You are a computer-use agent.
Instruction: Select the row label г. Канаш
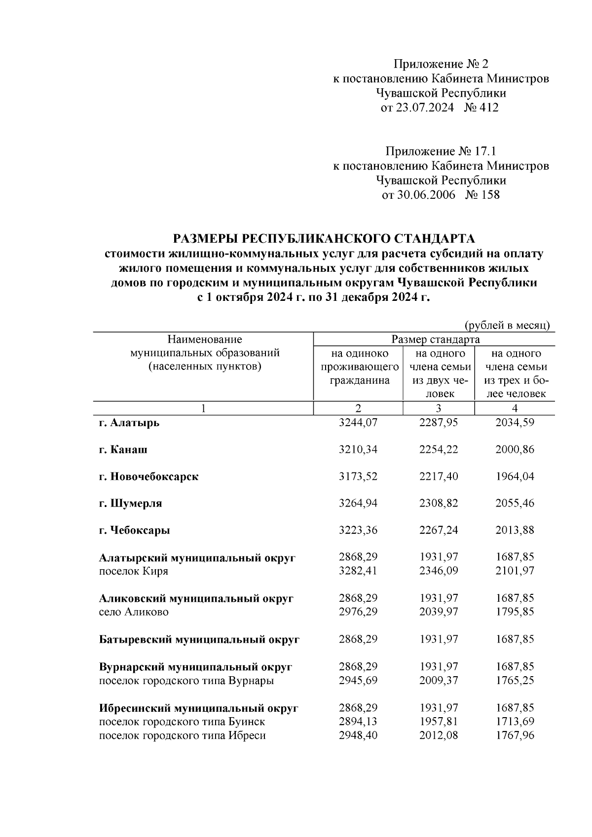pyautogui.click(x=123, y=450)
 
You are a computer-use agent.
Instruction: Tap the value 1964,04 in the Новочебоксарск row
pyautogui.click(x=515, y=476)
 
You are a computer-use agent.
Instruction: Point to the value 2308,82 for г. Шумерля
pyautogui.click(x=438, y=504)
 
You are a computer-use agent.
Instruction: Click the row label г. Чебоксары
pyautogui.click(x=134, y=531)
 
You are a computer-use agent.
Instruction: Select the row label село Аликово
pyautogui.click(x=134, y=612)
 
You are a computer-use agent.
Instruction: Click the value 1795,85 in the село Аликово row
pyautogui.click(x=515, y=612)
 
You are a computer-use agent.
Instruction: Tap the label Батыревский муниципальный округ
pyautogui.click(x=199, y=640)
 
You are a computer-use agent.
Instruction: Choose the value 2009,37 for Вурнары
pyautogui.click(x=438, y=681)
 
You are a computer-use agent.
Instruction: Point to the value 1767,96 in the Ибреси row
pyautogui.click(x=515, y=735)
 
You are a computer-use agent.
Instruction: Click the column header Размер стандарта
pyautogui.click(x=435, y=340)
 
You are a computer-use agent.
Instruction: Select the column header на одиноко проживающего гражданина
pyautogui.click(x=359, y=367)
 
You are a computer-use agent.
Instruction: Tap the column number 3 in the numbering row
pyautogui.click(x=438, y=408)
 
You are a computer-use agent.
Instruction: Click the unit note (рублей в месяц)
pyautogui.click(x=507, y=326)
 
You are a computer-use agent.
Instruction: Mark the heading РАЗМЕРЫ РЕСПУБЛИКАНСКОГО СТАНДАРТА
pyautogui.click(x=324, y=239)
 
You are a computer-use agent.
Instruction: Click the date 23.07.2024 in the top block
pyautogui.click(x=424, y=108)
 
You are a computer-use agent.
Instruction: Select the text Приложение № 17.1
pyautogui.click(x=441, y=150)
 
